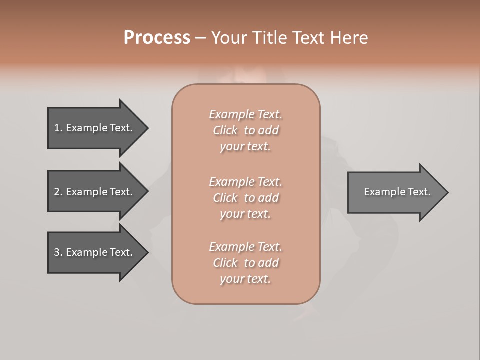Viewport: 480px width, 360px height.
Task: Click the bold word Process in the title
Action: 157,38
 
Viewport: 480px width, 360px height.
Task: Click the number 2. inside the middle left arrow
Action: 58,192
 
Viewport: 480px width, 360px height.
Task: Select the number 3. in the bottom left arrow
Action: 58,252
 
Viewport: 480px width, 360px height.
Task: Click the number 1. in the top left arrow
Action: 58,128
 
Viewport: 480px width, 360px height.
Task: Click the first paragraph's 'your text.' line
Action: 245,146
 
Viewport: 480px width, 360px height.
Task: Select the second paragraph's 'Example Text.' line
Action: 245,181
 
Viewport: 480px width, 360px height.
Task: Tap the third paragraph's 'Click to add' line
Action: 245,263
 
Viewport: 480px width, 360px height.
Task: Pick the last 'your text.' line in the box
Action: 245,279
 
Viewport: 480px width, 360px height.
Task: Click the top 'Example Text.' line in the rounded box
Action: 245,114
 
